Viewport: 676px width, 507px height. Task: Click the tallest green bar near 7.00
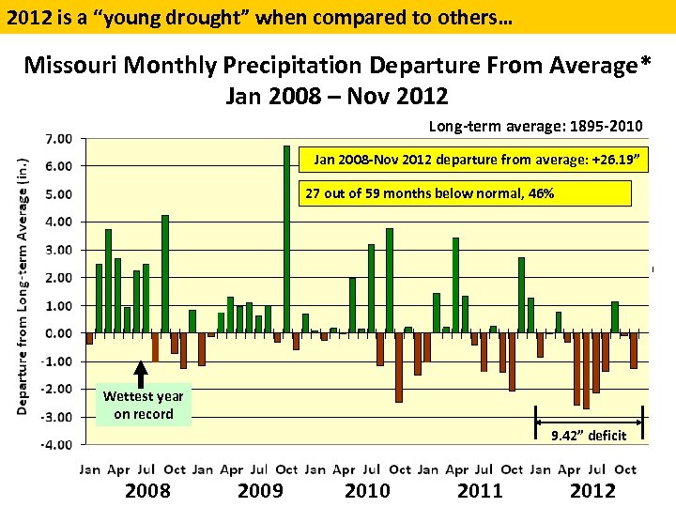coord(286,238)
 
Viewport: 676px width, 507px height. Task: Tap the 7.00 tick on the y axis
coord(59,138)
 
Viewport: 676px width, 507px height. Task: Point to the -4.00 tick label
coord(58,444)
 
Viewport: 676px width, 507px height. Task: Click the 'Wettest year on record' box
coord(143,406)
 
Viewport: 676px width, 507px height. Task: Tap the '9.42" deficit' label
coord(588,434)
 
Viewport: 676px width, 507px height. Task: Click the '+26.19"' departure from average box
coord(473,161)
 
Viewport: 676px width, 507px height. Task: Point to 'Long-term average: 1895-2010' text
coord(535,126)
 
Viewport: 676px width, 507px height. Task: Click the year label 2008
coord(148,490)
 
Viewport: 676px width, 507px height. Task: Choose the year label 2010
coord(367,490)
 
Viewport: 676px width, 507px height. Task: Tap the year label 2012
coord(592,490)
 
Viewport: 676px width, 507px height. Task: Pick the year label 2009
coord(260,490)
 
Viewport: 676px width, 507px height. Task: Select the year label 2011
coord(480,490)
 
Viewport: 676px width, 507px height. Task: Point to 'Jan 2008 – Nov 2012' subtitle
coord(337,96)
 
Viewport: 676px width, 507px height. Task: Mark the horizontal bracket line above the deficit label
coord(589,414)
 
